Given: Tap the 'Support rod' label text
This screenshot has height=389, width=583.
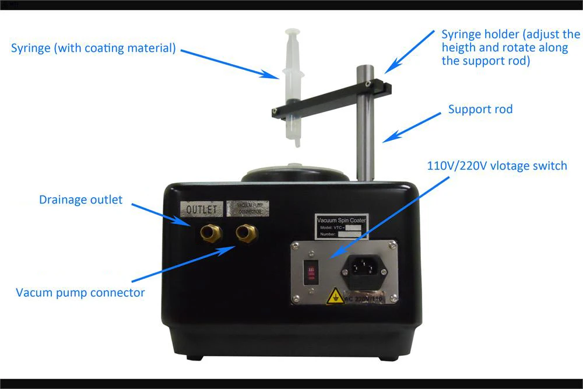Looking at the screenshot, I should coord(480,109).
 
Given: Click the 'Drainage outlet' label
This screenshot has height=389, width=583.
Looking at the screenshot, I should coord(81,200).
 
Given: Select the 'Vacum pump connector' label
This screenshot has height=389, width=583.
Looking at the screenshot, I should coord(80,293).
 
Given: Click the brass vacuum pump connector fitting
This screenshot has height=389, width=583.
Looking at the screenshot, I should coord(244,234).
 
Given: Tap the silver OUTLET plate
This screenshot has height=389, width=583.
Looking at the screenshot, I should coord(202,209).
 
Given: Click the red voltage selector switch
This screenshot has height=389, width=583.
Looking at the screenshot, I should coord(311,272).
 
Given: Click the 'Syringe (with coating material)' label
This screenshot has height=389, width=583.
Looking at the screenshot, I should coord(93,48).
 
